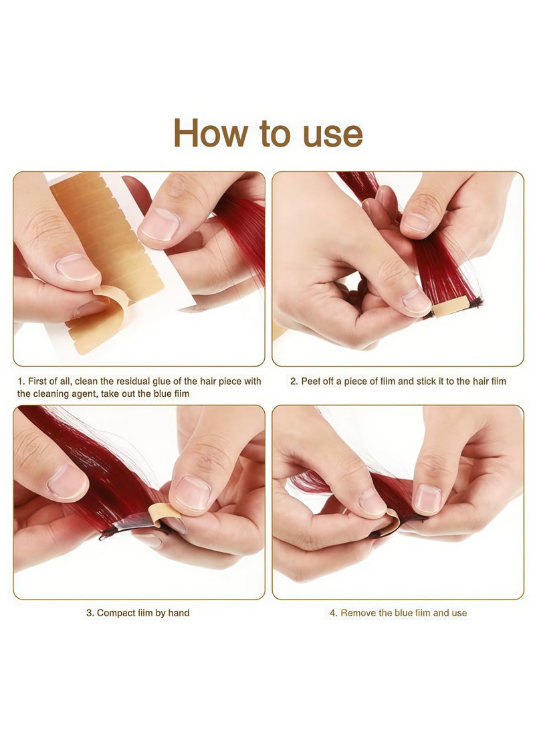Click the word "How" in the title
click(x=211, y=133)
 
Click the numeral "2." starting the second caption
click(x=294, y=381)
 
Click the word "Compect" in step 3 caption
click(x=116, y=613)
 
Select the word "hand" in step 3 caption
click(x=179, y=613)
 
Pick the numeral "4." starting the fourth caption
click(x=334, y=613)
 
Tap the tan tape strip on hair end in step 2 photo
click(x=449, y=307)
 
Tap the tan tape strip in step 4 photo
click(x=394, y=521)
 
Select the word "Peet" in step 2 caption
click(x=310, y=381)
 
